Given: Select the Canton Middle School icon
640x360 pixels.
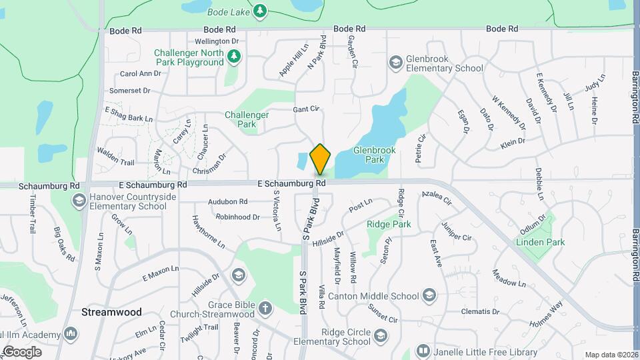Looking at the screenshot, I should (x=429, y=295).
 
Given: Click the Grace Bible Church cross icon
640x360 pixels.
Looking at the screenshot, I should (x=265, y=308).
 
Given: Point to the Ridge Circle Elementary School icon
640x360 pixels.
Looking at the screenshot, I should (x=381, y=335).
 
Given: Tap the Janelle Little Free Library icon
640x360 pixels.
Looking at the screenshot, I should (x=423, y=351).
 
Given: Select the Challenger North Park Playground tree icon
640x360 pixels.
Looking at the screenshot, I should (x=233, y=57).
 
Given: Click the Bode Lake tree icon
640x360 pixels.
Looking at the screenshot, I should (x=259, y=10).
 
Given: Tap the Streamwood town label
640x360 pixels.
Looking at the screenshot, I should (x=102, y=312).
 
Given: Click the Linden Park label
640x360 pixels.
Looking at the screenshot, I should (x=540, y=242).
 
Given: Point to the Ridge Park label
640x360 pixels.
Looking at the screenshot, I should (x=389, y=225).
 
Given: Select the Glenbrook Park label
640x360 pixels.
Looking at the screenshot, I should (x=374, y=155).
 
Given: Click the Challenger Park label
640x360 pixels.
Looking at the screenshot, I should (x=247, y=119).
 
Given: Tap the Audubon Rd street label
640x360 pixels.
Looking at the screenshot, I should (x=228, y=201).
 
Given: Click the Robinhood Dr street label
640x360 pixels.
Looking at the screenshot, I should (x=237, y=217).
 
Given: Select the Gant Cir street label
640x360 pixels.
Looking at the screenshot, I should (x=307, y=109).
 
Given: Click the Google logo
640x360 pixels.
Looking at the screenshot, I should (x=22, y=351).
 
